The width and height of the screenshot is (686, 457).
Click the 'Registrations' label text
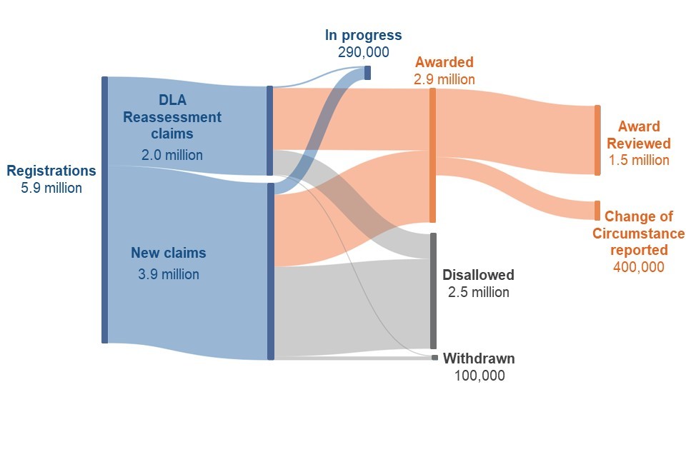click(51, 171)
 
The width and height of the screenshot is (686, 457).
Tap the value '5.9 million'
click(51, 189)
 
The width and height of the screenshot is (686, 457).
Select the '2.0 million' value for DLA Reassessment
click(171, 155)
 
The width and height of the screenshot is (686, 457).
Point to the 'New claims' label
click(168, 253)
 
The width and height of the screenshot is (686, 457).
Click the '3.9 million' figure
click(169, 274)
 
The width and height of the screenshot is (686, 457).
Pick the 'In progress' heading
click(363, 35)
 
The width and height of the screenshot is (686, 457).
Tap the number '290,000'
click(363, 52)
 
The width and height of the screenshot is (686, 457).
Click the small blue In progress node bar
click(367, 72)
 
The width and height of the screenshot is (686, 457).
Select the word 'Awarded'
click(444, 62)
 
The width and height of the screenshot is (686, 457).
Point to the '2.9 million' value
click(444, 79)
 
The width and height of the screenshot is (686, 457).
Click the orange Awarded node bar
click(432, 155)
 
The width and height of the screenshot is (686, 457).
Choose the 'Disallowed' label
click(478, 275)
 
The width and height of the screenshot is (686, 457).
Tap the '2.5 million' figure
click(478, 292)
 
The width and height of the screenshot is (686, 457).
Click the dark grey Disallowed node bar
click(432, 291)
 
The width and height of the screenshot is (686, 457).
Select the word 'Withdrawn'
click(478, 358)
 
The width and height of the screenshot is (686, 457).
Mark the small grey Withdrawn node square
click(434, 357)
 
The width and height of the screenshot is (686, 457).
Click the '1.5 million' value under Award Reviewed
click(639, 160)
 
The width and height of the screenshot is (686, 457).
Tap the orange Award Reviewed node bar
click(597, 140)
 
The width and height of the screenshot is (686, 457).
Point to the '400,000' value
click(638, 267)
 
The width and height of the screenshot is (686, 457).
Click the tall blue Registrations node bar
click(104, 209)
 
